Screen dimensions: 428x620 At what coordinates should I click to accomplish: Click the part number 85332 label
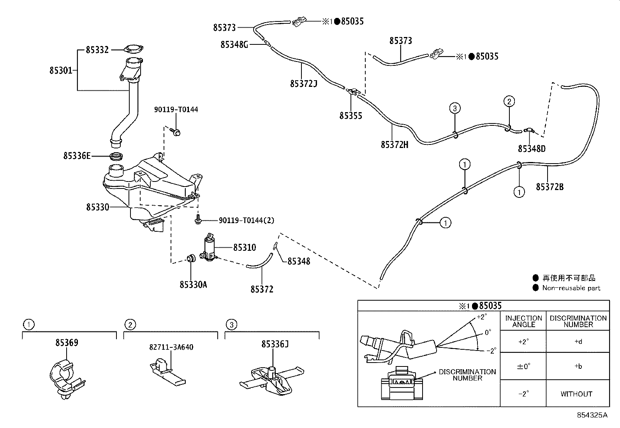pyautogui.click(x=97, y=50)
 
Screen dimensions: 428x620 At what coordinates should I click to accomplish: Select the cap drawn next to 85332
pyautogui.click(x=133, y=49)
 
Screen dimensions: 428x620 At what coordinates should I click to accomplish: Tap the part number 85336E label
pyautogui.click(x=77, y=156)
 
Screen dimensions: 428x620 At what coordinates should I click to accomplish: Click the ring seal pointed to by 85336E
pyautogui.click(x=116, y=157)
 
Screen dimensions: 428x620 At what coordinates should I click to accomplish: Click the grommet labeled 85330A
pyautogui.click(x=191, y=259)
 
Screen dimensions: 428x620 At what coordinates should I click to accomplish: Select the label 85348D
pyautogui.click(x=532, y=149)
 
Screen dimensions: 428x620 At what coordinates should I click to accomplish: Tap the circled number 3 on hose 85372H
pyautogui.click(x=455, y=108)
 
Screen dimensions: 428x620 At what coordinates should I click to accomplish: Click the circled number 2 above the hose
pyautogui.click(x=509, y=102)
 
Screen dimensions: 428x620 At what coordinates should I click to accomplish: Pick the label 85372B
pyautogui.click(x=550, y=187)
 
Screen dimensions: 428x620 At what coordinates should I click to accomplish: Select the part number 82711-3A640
pyautogui.click(x=171, y=347)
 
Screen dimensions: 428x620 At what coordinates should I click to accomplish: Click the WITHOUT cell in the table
pyautogui.click(x=576, y=394)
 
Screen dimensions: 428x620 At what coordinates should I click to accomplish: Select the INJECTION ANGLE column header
pyautogui.click(x=523, y=321)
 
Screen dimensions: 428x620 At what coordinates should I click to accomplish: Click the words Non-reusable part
pyautogui.click(x=571, y=288)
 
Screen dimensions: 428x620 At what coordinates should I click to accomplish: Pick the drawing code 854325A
pyautogui.click(x=592, y=415)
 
